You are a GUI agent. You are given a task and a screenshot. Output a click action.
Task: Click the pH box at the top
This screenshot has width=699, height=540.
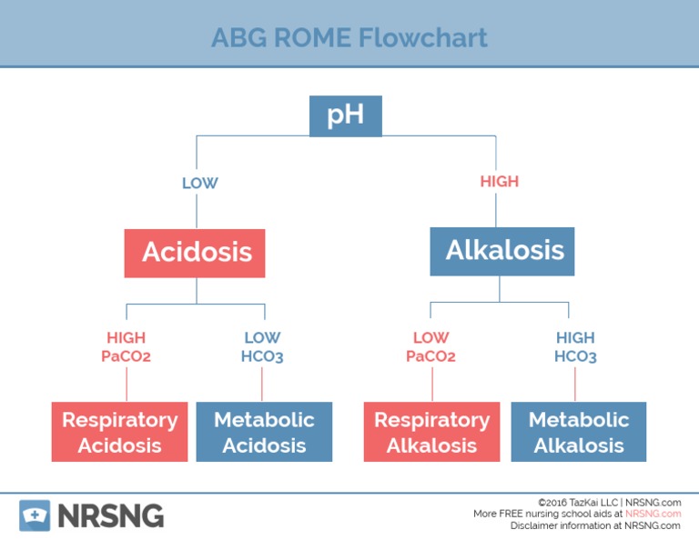coord(345,116)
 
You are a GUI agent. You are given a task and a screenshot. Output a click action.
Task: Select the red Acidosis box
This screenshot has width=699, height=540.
coord(195,252)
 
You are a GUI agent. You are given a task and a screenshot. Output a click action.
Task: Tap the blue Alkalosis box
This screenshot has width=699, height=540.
coord(502,251)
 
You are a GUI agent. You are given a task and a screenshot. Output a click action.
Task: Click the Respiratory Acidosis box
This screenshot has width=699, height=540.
coord(119,432)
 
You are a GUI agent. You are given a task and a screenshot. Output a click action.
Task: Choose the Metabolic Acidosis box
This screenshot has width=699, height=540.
coord(264,432)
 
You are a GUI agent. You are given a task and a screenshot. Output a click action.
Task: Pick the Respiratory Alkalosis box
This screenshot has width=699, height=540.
coord(431,432)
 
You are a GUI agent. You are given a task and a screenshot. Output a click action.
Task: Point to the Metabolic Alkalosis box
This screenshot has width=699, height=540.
coord(578,432)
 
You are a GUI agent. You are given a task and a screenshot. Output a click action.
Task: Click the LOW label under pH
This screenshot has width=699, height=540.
coord(199,183)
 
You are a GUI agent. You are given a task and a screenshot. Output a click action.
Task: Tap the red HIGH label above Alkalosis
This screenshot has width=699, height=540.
coord(499,182)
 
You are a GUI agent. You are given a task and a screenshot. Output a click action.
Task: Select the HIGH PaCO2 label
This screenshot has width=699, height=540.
coord(126,346)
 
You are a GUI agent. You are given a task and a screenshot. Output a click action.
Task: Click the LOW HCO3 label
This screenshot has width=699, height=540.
coord(262,346)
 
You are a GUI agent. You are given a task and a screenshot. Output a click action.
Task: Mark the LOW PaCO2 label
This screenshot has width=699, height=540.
coord(431,346)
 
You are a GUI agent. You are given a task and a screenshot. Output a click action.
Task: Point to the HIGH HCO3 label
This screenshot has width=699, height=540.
coord(575,346)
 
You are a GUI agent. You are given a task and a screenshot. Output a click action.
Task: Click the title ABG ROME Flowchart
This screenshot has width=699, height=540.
coord(349,37)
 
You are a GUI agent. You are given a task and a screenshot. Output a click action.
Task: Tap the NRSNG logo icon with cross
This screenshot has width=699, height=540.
coord(35,515)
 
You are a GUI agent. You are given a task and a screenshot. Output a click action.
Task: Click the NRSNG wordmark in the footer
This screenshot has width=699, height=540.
coord(111,515)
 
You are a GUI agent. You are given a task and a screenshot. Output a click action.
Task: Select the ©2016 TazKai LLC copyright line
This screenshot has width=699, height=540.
coord(609,502)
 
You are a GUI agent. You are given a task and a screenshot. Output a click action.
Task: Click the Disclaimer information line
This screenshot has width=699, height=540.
coord(595,525)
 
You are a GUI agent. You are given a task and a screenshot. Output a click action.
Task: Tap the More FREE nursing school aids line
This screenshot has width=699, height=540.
coord(577,514)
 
